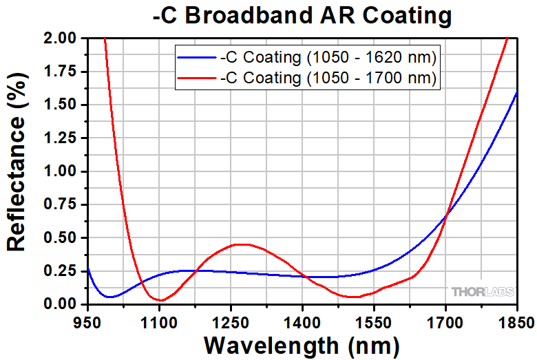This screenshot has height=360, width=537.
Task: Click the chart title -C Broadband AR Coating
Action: point(302,15)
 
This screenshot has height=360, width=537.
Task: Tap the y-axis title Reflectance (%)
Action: point(19,171)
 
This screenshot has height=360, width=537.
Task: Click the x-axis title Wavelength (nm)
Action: point(302,344)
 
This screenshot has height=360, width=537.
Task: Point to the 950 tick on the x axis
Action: point(87,321)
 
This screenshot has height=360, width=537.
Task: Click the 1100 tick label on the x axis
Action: point(159,321)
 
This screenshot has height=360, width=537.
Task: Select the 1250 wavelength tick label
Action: point(231,321)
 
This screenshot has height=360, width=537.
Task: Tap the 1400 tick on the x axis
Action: point(302,321)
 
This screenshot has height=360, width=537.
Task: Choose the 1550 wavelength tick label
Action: point(374,321)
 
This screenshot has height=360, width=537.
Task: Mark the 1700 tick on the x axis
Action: point(445,321)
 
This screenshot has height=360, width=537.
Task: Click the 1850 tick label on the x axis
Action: point(516,321)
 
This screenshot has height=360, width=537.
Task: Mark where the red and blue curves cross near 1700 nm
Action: point(446,216)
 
